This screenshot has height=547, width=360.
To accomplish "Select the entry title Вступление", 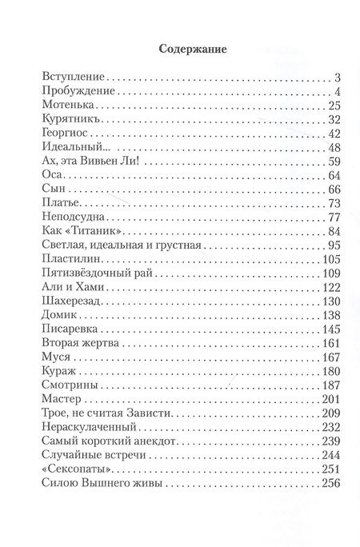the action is pyautogui.click(x=71, y=78).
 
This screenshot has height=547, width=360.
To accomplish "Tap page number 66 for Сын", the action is pyautogui.click(x=334, y=190).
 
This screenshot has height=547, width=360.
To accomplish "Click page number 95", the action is pyautogui.click(x=334, y=246).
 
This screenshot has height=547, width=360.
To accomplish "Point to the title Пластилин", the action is pyautogui.click(x=70, y=259).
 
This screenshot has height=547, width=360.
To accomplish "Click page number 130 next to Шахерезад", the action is pyautogui.click(x=331, y=301).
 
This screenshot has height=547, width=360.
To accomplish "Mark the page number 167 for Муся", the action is pyautogui.click(x=331, y=357).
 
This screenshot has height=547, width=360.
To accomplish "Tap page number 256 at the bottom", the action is pyautogui.click(x=331, y=482).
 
